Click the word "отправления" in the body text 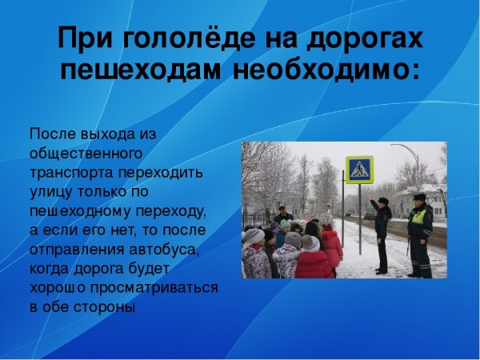(71, 250)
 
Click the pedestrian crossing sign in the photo (359, 170)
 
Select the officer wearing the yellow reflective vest (419, 232)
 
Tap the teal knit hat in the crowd (286, 225)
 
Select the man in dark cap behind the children (282, 214)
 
